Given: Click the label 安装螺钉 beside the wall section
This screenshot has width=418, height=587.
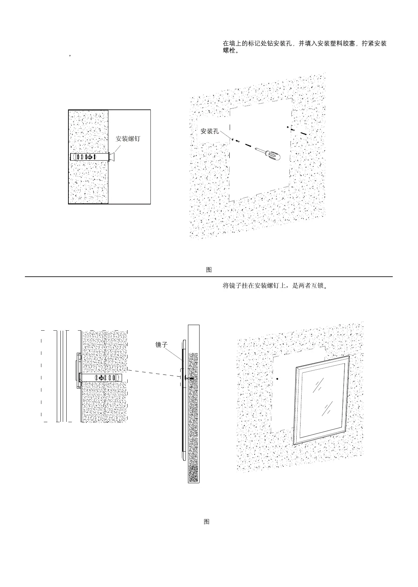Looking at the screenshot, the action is (128, 139).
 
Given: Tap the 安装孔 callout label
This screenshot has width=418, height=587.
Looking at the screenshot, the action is (210, 131).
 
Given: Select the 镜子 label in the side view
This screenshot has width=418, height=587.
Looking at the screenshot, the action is (161, 345).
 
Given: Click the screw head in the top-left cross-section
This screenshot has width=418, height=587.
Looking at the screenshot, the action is (113, 157).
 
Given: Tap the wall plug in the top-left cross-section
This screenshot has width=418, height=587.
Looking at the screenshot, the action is (89, 157).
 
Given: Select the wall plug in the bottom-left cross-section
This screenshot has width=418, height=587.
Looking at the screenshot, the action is (102, 378).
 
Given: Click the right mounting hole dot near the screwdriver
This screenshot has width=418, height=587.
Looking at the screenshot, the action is (287, 127).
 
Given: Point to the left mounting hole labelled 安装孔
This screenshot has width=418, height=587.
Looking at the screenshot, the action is (232, 139).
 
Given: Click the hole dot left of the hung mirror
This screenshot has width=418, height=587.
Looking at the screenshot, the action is (277, 379).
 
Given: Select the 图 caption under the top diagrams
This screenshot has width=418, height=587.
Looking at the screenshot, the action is (209, 270).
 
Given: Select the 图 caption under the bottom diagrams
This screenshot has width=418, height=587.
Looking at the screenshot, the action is (207, 521).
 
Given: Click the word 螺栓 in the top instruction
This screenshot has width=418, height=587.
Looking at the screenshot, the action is (229, 50).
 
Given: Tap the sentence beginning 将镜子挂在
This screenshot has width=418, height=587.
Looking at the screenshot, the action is (275, 286).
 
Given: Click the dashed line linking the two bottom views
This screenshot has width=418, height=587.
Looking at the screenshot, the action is (153, 373).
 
